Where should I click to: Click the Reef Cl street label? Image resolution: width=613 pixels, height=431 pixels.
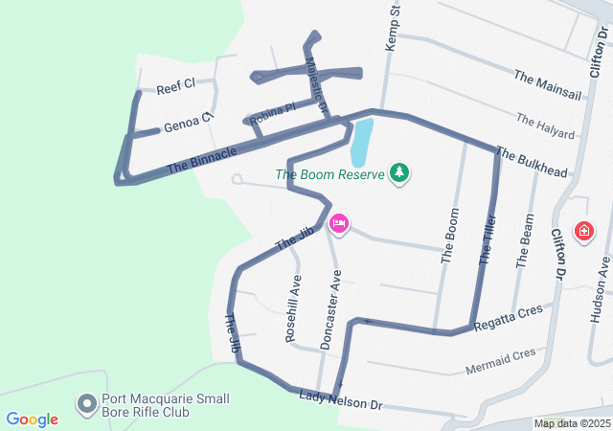[x=176, y=85]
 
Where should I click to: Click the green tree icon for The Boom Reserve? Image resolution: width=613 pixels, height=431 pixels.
[x=399, y=173]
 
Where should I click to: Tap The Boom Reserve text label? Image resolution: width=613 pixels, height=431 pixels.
[x=329, y=174]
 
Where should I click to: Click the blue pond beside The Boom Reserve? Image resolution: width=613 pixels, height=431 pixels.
[x=361, y=142]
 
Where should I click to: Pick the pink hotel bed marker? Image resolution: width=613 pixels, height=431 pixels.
[x=338, y=224]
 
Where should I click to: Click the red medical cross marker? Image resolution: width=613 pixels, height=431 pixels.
[x=583, y=231]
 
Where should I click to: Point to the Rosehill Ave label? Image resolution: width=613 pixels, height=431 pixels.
[x=293, y=308]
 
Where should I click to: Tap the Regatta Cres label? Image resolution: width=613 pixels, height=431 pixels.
[x=508, y=315]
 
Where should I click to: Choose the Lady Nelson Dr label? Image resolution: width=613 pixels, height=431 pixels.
[x=340, y=400]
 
